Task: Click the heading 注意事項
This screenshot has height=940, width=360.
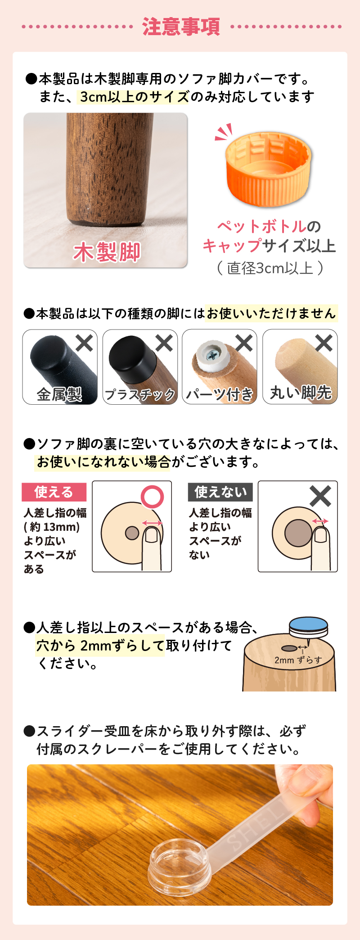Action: pyautogui.click(x=181, y=27)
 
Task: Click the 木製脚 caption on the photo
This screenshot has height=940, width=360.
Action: pyautogui.click(x=107, y=252)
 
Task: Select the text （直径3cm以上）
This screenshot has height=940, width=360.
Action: pyautogui.click(x=270, y=268)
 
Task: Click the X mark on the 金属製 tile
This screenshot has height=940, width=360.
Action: pyautogui.click(x=84, y=343)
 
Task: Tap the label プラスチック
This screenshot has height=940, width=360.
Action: pyautogui.click(x=140, y=394)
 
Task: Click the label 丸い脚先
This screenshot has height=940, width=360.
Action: pyautogui.click(x=301, y=393)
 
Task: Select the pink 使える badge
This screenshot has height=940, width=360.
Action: pyautogui.click(x=54, y=492)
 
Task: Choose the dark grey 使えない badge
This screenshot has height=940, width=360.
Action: pyautogui.click(x=220, y=492)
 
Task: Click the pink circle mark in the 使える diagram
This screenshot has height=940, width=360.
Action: pyautogui.click(x=153, y=497)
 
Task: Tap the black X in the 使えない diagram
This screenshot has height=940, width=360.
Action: pyautogui.click(x=320, y=496)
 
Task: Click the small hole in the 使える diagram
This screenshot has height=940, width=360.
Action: pyautogui.click(x=132, y=533)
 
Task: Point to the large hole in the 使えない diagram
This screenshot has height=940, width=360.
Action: pyautogui.click(x=298, y=533)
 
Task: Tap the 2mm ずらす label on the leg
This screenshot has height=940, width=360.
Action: pyautogui.click(x=298, y=660)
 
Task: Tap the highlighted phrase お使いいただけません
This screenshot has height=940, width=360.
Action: pyautogui.click(x=271, y=313)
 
